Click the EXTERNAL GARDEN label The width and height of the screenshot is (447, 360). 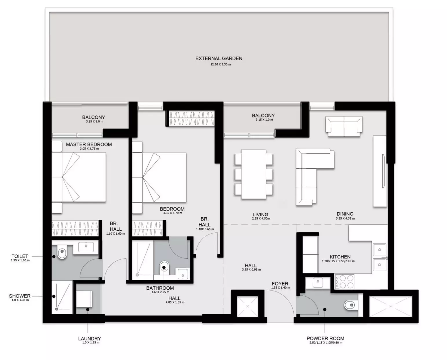click(219, 58)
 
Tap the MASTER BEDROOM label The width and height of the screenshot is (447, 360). click(89, 144)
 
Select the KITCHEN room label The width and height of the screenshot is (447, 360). click(340, 257)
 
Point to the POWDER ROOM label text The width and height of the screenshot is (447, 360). click(325, 338)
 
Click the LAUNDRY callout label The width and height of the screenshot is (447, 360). click(89, 339)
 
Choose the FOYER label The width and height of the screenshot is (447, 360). click(280, 284)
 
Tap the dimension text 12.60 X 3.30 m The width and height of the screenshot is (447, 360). click(221, 64)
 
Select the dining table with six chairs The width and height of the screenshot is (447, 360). click(253, 174)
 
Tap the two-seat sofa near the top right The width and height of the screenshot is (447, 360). click(344, 126)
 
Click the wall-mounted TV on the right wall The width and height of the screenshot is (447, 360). click(383, 171)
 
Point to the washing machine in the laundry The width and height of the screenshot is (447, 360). click(84, 299)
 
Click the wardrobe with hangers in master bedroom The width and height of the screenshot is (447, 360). click(75, 228)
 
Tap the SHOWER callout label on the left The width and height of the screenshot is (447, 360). click(20, 296)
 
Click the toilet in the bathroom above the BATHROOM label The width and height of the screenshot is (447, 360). click(165, 268)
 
